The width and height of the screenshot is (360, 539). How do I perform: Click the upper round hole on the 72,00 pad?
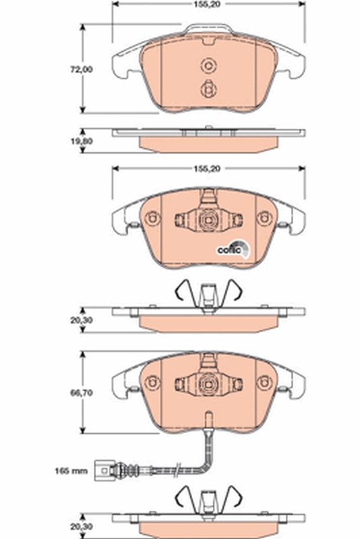(x=208, y=65)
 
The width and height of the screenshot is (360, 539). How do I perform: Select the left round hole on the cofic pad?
(x=152, y=218)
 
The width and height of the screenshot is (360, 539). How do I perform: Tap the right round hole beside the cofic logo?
(x=264, y=218)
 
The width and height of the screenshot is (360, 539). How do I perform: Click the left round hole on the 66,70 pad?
(x=152, y=383)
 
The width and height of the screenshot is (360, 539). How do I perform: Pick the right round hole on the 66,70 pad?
(x=264, y=383)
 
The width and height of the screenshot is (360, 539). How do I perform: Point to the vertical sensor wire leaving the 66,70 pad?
(x=208, y=431)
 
